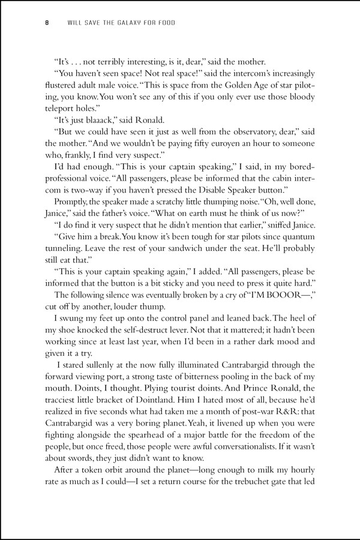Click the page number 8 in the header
(x=46, y=24)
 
